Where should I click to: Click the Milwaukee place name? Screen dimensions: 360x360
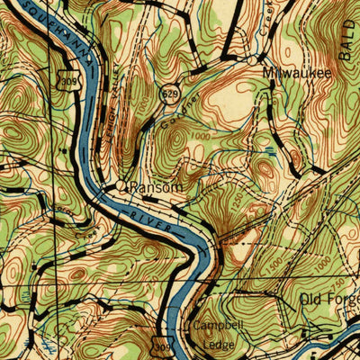(x=296, y=72)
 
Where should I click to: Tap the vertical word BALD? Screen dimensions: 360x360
(x=348, y=40)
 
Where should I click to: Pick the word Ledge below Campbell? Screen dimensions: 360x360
(x=217, y=345)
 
